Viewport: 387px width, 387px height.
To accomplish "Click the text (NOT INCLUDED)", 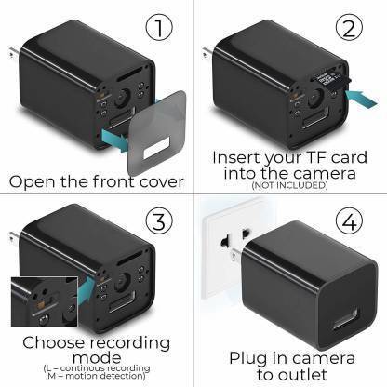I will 289,186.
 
